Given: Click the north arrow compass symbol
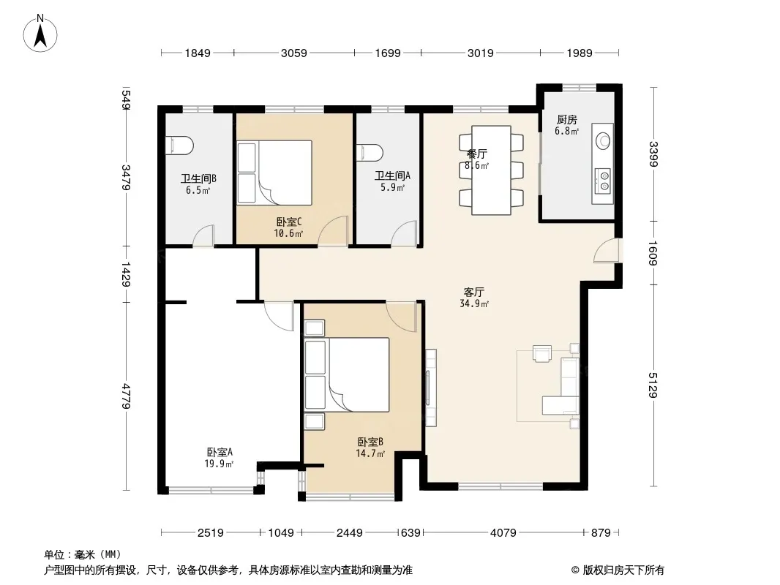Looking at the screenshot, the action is click(x=40, y=34).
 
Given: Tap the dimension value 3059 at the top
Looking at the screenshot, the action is click(x=294, y=53).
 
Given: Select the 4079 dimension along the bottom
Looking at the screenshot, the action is click(x=503, y=533).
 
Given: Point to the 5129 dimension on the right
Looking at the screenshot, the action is click(x=653, y=385).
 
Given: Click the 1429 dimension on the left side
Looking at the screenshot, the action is click(x=126, y=274).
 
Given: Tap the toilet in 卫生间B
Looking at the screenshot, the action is click(x=179, y=145).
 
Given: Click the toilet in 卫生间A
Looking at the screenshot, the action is click(x=370, y=153).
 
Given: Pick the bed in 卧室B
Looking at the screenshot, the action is click(x=347, y=374).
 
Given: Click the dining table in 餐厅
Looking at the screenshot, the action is click(x=492, y=170).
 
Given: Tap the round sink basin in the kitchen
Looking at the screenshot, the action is click(x=604, y=140).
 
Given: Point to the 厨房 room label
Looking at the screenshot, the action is click(x=567, y=120).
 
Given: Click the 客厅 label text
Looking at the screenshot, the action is click(x=473, y=292).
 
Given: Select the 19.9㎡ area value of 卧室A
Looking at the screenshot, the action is click(x=219, y=464).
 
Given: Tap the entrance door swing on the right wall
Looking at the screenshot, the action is click(x=607, y=250).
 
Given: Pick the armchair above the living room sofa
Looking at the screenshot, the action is click(x=541, y=353).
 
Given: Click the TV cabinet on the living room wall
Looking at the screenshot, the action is click(x=431, y=388).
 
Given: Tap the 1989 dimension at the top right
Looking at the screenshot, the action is click(x=580, y=53).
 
